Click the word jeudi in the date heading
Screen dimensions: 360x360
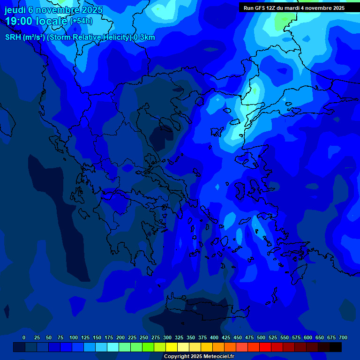[x=15, y=10]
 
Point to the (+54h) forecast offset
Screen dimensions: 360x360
[x=81, y=21]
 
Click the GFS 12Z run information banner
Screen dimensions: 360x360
[x=294, y=8]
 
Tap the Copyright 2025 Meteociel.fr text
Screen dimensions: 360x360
[x=199, y=356]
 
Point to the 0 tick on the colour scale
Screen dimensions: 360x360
[x=24, y=337]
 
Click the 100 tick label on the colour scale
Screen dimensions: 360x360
[x=74, y=337]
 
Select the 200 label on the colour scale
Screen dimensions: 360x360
[x=120, y=337]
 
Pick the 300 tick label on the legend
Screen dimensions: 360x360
[x=167, y=337]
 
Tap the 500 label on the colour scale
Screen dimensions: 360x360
[x=261, y=337]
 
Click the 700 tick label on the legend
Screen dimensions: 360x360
[x=343, y=337]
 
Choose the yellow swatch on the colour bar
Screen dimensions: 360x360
[x=172, y=347]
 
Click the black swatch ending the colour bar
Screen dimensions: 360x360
[x=336, y=347]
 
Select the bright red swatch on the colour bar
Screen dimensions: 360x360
[x=265, y=347]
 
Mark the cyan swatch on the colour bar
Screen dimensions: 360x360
[x=113, y=347]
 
